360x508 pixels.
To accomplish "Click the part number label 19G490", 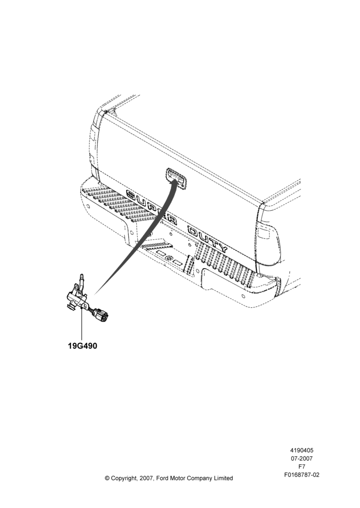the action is click(x=82, y=346).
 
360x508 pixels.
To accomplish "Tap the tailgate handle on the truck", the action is click(x=177, y=178).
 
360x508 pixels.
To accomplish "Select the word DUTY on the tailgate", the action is click(x=208, y=239).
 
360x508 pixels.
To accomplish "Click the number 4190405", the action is click(x=302, y=450).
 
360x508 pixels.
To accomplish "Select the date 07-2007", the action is click(x=302, y=458).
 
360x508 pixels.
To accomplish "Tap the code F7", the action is click(x=302, y=467).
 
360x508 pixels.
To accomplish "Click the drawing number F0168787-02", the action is click(x=302, y=475).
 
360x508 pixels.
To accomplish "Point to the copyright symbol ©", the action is click(x=107, y=478).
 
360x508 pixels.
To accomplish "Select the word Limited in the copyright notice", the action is click(x=223, y=478).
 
